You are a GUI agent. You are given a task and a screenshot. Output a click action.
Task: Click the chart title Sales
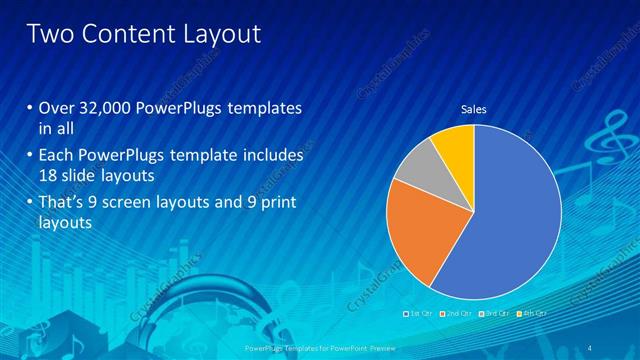(x=473, y=109)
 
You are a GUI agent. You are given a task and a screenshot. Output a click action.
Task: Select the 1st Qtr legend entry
(x=417, y=313)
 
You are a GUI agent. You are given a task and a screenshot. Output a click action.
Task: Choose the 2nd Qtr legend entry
(x=455, y=313)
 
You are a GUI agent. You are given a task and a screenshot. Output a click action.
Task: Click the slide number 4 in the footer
(x=592, y=346)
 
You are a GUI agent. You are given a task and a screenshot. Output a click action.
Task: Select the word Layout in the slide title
(x=222, y=34)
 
